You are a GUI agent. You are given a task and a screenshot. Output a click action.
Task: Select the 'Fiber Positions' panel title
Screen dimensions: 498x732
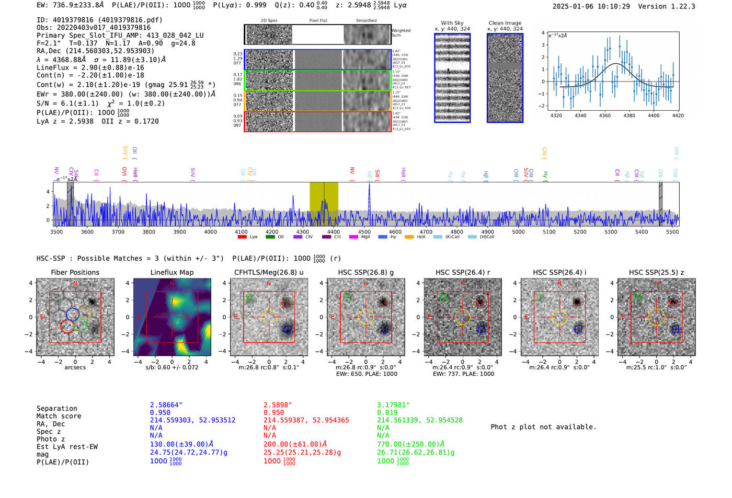75,272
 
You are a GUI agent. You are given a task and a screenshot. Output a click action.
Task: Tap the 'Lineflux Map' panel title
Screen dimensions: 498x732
171,272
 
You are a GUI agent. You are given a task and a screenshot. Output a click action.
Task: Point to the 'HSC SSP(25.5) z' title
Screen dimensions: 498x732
656,272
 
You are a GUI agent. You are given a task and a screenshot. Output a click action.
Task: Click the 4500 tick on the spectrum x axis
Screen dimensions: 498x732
364,231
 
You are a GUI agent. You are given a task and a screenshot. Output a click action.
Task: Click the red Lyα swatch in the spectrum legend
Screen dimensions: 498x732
242,237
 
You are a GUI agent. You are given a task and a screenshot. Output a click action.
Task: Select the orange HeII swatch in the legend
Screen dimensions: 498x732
409,237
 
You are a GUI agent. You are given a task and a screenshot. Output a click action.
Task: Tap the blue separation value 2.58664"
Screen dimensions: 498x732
166,405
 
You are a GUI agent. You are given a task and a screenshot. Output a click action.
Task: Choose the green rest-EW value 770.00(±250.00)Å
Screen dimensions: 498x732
410,444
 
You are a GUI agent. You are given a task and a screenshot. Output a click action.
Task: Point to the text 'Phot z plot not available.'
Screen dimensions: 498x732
543,427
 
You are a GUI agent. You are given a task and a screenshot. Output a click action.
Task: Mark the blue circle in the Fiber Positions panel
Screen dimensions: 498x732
73,314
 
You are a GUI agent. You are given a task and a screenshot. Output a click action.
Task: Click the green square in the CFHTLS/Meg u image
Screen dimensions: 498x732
250,298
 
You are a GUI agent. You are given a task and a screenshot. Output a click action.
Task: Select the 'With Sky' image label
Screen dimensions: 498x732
452,23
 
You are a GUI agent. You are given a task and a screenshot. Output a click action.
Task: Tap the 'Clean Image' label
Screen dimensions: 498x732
505,23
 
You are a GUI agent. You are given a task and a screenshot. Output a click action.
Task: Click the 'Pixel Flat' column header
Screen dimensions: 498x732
318,20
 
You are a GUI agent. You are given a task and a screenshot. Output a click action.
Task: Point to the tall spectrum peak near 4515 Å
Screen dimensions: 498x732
369,186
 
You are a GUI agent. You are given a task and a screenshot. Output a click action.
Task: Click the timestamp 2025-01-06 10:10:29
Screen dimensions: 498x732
591,6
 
